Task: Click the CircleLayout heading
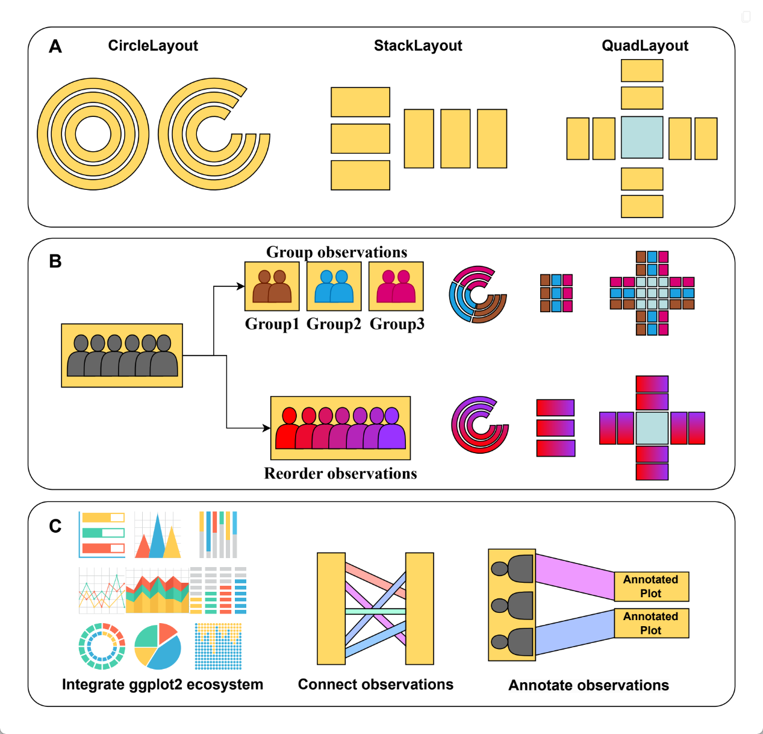tap(153, 46)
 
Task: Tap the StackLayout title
tap(418, 46)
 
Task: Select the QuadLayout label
tap(645, 46)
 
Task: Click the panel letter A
tap(55, 46)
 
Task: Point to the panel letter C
tap(55, 526)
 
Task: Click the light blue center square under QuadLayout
tap(642, 137)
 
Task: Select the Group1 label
tap(272, 324)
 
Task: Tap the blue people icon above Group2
tap(334, 286)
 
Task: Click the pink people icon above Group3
tap(396, 286)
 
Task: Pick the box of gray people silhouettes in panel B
tap(122, 356)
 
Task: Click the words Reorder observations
tap(340, 474)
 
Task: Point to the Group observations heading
tap(337, 252)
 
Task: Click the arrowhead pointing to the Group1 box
tap(241, 286)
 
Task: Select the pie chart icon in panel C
tap(158, 647)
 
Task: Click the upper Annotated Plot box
tap(651, 586)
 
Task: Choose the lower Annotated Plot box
tap(651, 623)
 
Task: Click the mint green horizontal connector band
tap(375, 611)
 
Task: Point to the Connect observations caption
tap(376, 684)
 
